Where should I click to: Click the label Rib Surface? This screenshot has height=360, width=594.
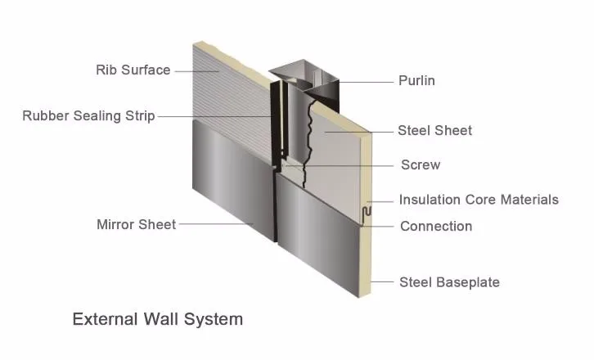(133, 70)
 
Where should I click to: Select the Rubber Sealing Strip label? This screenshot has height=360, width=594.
(88, 115)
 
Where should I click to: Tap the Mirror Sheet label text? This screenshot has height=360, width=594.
(136, 224)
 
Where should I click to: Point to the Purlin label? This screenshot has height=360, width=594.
(416, 80)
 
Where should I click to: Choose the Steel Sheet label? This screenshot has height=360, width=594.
(434, 130)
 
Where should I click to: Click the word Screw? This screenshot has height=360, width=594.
(420, 165)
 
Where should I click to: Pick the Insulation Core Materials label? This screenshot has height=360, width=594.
(479, 200)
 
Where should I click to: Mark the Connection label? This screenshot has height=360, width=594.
(435, 226)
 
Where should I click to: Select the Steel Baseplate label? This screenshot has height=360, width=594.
(449, 282)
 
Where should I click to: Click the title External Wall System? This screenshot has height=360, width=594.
(158, 318)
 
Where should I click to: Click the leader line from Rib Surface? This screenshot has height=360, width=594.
(197, 70)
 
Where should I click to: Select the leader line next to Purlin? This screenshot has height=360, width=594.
(364, 80)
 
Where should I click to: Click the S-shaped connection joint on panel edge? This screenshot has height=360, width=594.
(365, 215)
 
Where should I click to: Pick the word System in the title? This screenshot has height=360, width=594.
(214, 318)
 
